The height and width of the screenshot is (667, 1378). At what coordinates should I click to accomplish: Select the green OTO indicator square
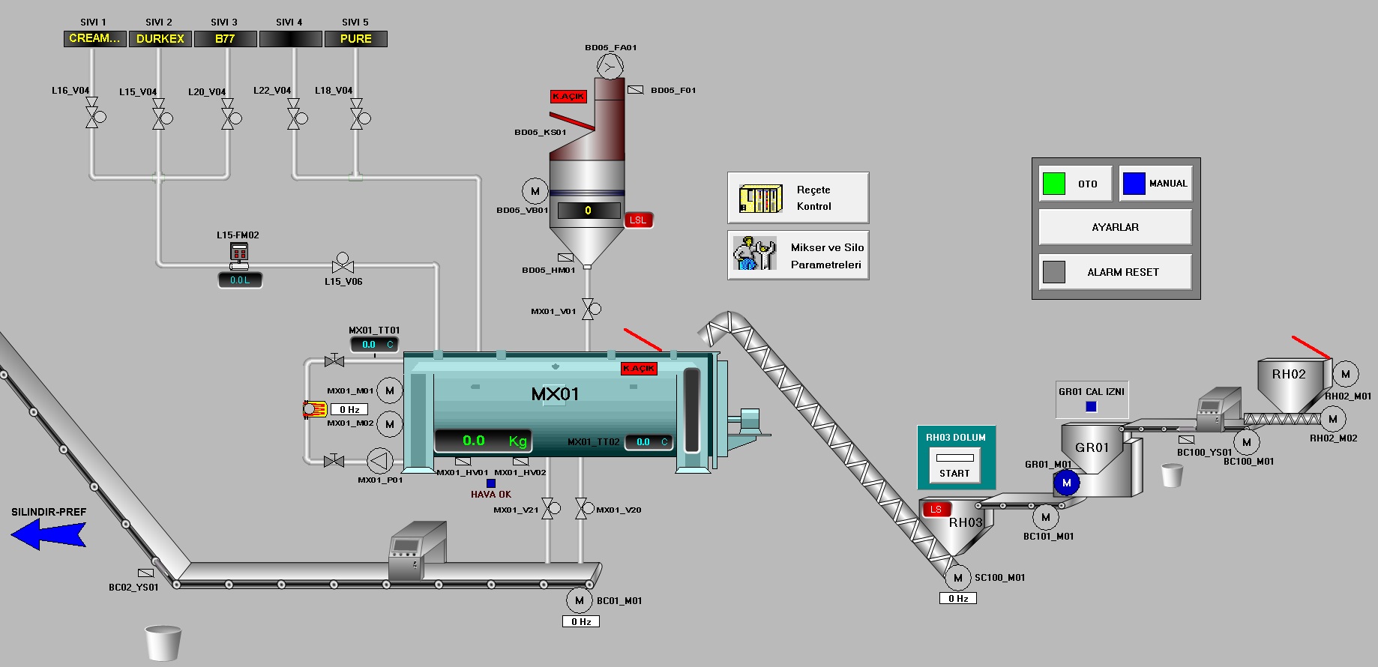(1053, 184)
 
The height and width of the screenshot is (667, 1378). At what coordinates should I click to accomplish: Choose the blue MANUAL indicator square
(1134, 184)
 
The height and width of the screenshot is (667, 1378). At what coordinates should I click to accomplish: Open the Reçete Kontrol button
(798, 198)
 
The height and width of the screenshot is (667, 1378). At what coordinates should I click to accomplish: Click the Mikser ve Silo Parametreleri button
(798, 256)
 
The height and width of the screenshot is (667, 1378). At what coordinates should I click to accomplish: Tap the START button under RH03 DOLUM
(954, 473)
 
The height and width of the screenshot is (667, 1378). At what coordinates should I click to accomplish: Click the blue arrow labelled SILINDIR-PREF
(48, 534)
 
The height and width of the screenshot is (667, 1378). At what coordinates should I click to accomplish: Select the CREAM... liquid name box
(94, 38)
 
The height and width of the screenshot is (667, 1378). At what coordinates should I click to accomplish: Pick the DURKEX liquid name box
(160, 39)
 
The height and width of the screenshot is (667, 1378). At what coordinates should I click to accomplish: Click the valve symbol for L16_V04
(92, 118)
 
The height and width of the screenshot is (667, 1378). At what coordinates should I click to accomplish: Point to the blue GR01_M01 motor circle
(1066, 483)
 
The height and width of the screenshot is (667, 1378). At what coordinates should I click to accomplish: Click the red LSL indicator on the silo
(638, 220)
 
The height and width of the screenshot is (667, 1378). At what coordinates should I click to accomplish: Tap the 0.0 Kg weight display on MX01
(483, 441)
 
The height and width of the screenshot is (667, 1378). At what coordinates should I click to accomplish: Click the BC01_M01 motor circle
(579, 600)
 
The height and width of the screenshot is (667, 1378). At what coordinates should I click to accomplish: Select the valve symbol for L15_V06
(343, 265)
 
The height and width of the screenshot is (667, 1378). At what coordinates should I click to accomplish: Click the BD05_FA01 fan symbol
(610, 67)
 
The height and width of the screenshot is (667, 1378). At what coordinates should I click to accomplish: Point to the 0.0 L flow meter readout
(240, 280)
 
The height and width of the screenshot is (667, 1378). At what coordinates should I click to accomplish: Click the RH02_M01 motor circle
(1346, 373)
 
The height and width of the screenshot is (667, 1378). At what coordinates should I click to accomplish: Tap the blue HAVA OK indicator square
(491, 483)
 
